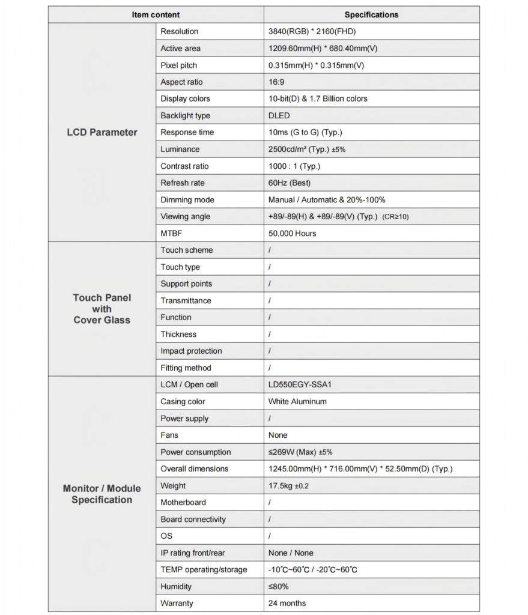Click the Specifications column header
point(371,14)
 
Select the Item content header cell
point(156,14)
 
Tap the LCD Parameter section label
point(102,132)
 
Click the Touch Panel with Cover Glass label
point(102,309)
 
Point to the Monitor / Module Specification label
point(102,494)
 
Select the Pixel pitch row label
point(178,65)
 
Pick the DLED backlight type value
point(279,115)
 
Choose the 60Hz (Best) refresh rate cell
point(290,183)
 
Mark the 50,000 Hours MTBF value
point(293,233)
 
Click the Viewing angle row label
point(185,216)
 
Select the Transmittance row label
point(186,300)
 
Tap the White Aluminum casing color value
point(297,401)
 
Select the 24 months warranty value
point(287,603)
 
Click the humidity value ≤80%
point(279,586)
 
